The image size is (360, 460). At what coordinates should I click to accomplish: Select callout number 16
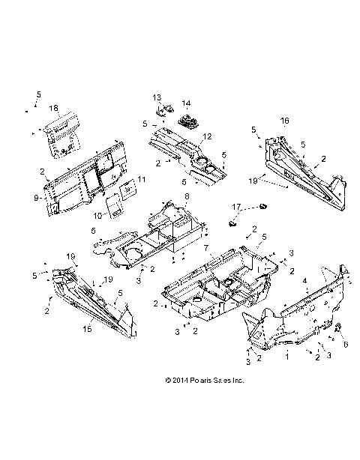pos(285,120)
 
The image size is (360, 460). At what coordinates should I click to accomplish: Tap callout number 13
pos(157,98)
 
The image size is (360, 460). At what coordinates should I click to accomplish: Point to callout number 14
pos(186,103)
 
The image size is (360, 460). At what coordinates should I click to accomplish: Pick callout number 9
pos(35,198)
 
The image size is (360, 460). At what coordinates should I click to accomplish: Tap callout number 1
pos(285,358)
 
